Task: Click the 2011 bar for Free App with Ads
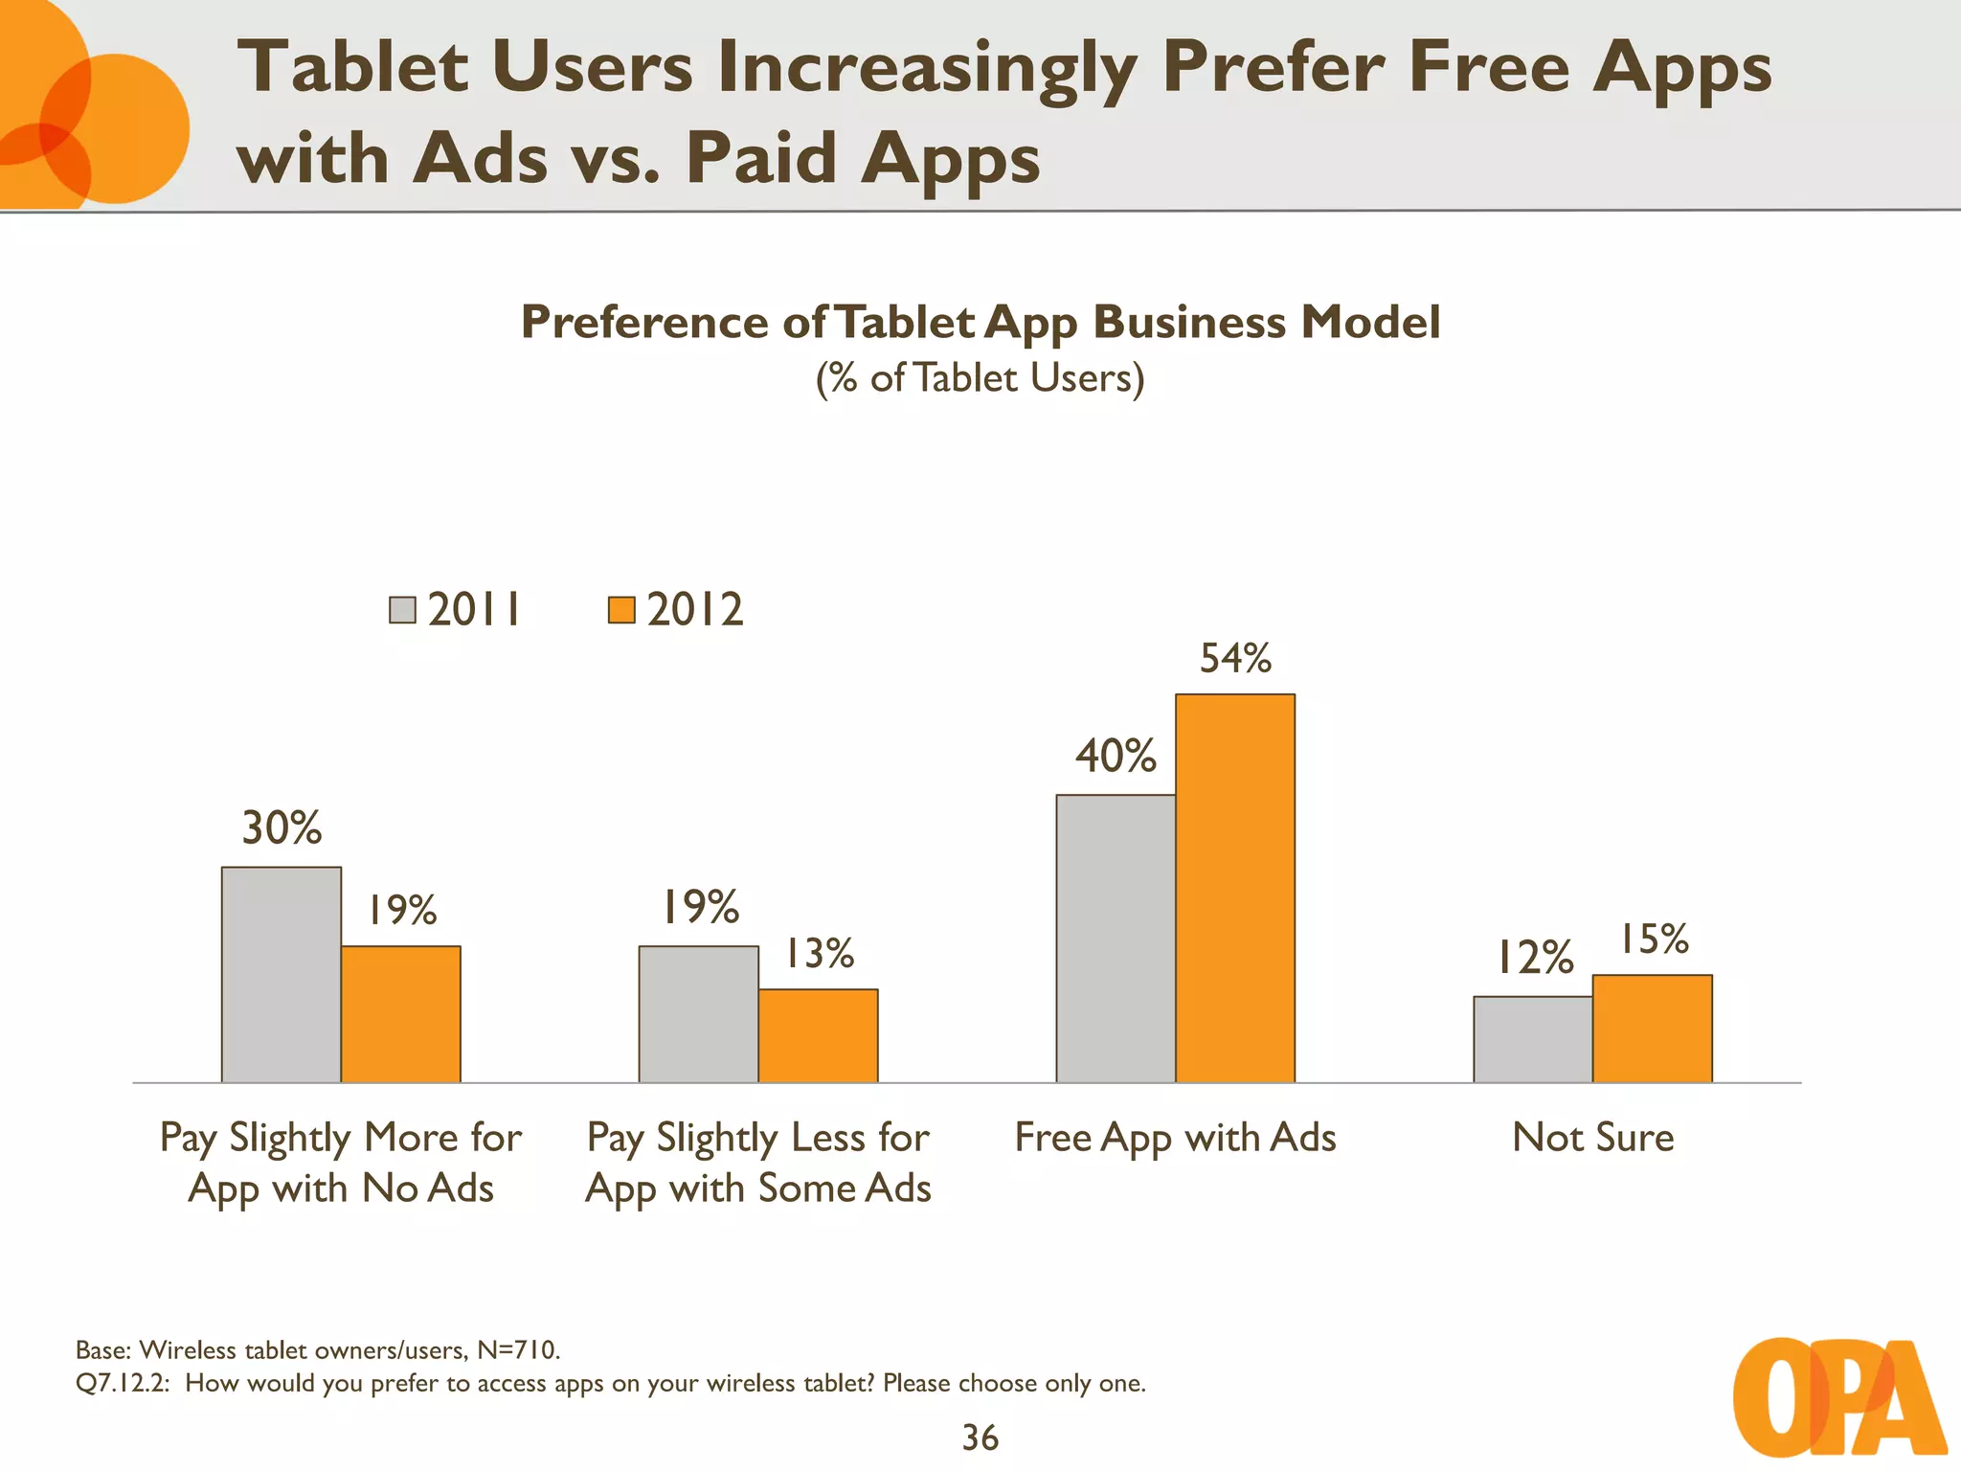tap(1116, 939)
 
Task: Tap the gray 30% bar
tap(281, 975)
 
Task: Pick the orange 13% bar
tap(818, 1035)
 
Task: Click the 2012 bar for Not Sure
tap(1652, 1029)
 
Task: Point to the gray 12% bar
tap(1532, 1039)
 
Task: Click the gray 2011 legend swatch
tap(402, 610)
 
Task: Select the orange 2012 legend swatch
tap(621, 610)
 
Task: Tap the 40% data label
tap(1116, 757)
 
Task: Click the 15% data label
tap(1653, 939)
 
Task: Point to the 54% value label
tap(1235, 659)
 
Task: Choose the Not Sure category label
tap(1592, 1138)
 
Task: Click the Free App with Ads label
tap(1175, 1138)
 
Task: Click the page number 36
tap(980, 1437)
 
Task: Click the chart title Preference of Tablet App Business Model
tap(980, 322)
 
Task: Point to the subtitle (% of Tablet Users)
tap(980, 378)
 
